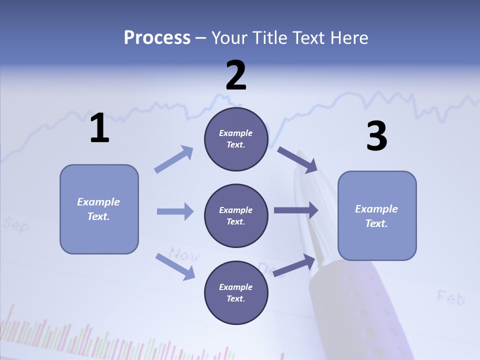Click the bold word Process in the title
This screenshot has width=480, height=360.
[157, 38]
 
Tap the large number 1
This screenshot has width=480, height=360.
[99, 128]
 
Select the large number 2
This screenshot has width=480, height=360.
[236, 75]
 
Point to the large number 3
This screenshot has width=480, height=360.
[376, 136]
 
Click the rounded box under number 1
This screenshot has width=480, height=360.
[99, 209]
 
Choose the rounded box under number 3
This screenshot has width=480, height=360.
[377, 216]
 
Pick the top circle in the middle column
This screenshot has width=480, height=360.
[236, 139]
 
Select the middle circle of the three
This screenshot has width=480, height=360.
[236, 216]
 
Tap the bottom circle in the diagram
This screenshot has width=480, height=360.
[236, 293]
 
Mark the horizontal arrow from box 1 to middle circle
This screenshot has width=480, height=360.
[175, 211]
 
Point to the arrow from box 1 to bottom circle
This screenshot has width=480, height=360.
[175, 266]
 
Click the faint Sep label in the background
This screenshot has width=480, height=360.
[15, 224]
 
